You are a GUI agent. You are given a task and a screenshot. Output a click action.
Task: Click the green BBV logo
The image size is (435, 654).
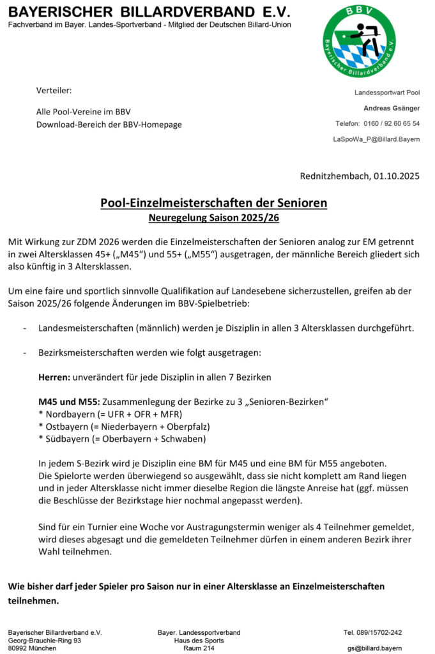(x=359, y=42)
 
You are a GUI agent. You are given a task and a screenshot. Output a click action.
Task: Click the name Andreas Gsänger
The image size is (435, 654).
(x=392, y=108)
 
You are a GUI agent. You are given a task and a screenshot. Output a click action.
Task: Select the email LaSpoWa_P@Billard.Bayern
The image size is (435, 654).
(x=376, y=139)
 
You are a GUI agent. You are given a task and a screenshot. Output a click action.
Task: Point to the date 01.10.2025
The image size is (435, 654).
(x=397, y=176)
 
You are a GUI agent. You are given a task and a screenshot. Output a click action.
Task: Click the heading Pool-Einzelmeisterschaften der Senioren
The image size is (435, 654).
(x=214, y=203)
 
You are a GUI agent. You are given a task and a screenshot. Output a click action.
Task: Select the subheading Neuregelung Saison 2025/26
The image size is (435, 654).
(x=214, y=218)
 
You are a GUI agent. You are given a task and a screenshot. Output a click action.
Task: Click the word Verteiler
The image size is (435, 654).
(x=54, y=90)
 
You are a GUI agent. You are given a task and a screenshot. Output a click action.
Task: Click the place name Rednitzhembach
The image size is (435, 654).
(x=332, y=176)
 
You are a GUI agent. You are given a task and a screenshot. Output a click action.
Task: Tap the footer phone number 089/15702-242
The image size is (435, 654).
(x=373, y=632)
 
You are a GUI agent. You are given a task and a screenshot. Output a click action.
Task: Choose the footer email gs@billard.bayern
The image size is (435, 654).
(x=375, y=648)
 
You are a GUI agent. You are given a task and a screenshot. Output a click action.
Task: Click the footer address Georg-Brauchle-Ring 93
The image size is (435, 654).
(x=45, y=640)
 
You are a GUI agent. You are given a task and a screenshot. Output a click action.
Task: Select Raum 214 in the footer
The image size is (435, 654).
(x=199, y=648)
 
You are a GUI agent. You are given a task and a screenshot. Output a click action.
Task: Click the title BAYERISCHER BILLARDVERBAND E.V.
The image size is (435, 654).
(x=149, y=12)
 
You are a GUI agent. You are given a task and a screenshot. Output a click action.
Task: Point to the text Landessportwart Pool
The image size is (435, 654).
(x=387, y=93)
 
